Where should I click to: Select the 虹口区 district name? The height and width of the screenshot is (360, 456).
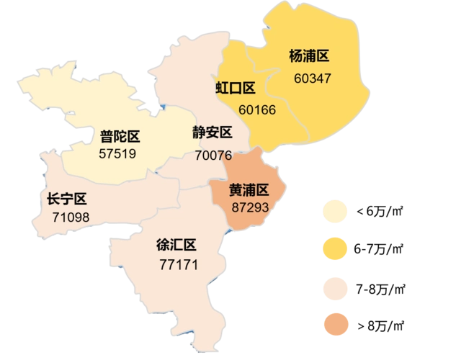click(x=236, y=89)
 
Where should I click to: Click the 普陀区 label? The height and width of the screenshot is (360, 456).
click(x=120, y=136)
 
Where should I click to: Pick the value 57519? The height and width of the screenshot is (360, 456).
click(x=118, y=153)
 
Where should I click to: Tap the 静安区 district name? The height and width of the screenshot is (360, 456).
click(x=212, y=133)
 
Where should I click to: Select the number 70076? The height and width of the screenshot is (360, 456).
click(x=213, y=155)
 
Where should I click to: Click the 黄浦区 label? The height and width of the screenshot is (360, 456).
click(x=249, y=190)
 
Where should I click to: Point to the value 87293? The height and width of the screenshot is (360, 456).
click(x=250, y=207)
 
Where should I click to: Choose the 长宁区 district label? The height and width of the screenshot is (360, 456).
click(x=66, y=199)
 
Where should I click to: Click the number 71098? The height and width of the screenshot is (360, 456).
click(x=71, y=217)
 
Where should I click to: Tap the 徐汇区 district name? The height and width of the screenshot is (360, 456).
click(x=176, y=246)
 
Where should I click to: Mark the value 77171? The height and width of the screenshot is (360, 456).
click(x=178, y=264)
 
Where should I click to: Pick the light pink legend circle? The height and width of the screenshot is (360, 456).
click(x=336, y=288)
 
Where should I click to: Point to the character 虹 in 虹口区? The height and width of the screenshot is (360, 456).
click(x=223, y=89)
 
